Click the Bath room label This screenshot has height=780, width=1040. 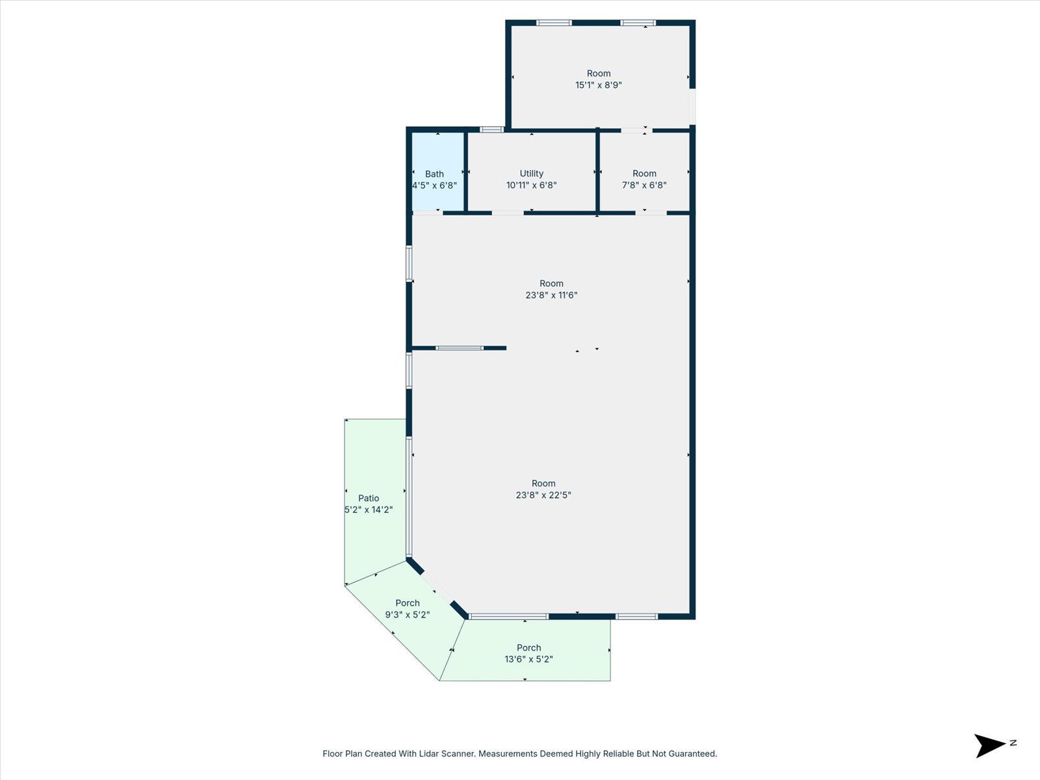pos(434,174)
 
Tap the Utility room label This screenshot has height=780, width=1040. pos(532,174)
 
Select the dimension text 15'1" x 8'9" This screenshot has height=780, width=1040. pos(599,85)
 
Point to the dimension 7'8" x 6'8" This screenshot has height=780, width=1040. pos(644,185)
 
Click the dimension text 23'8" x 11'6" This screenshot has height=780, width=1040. pos(551,295)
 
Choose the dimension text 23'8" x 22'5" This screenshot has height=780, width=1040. pos(543,495)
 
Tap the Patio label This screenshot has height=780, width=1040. pos(369,498)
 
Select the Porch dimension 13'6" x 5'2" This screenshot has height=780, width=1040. pos(528,659)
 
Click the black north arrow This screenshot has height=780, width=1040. pos(989,746)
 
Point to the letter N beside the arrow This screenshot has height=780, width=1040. pos(1013,743)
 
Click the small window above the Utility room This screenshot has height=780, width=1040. pos(492,129)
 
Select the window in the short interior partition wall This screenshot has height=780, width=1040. pos(460,348)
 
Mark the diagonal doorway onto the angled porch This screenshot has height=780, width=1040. pos(436,587)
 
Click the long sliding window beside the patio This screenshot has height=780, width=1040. pos(409,497)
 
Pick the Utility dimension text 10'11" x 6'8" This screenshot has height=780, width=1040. pos(532,185)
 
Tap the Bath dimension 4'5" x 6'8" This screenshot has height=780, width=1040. pos(434,186)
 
